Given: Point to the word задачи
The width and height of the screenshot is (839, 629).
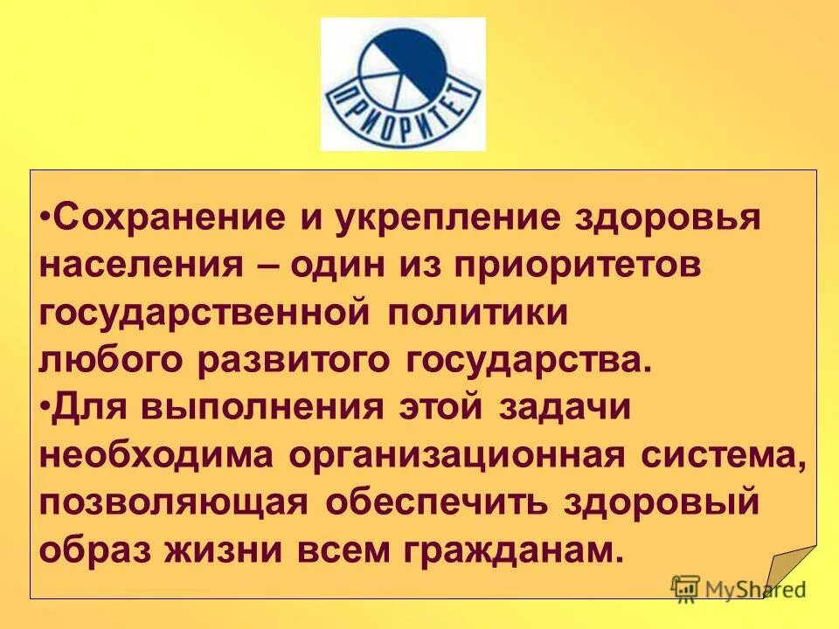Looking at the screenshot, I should (565, 408).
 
